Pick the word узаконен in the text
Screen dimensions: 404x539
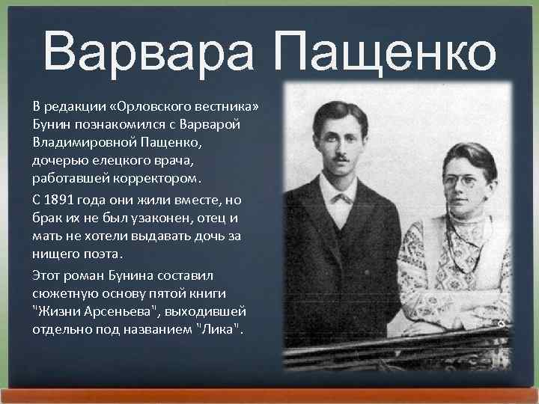pyautogui.click(x=149, y=217)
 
